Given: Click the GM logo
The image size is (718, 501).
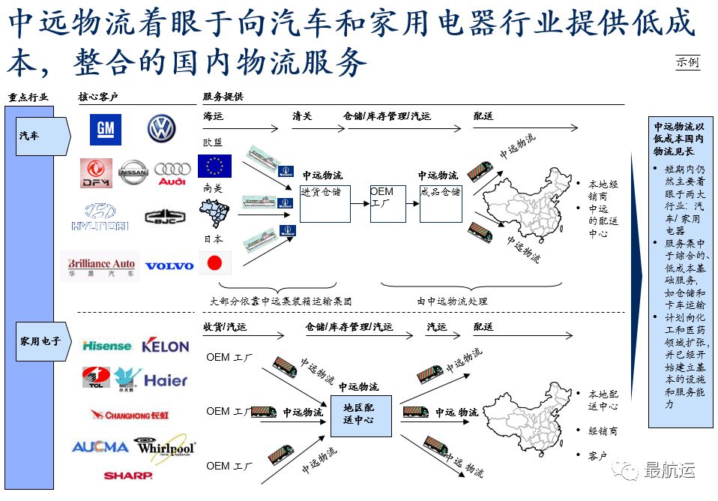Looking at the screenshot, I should pos(106,129).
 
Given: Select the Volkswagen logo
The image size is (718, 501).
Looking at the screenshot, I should pos(161,129).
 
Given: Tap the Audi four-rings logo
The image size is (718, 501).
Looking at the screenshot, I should pos(172,173).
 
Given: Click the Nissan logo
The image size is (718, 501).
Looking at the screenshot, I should pos(133,172).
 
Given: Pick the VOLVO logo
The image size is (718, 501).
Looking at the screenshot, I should pos(169,265).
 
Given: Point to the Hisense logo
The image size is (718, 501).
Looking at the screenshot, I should pos(107,346).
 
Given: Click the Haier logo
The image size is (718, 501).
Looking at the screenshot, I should pos(166,380).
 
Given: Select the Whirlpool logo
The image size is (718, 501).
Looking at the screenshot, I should pos(165,447).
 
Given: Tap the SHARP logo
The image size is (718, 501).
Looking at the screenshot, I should pos(128,475).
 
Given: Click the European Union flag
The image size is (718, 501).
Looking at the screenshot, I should pos(215,166).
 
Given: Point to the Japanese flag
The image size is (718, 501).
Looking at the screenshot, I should pos(215,262).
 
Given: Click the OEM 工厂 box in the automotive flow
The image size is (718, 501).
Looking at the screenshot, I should pos(387,203).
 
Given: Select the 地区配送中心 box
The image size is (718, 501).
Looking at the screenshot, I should pos(361,415).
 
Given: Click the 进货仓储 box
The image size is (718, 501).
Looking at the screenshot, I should pos(325,202).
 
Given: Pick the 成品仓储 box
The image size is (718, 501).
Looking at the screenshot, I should pos(441,202).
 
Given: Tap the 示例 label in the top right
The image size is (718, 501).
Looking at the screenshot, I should pos(687,62).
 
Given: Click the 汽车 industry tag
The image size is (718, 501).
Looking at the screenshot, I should pos(41,136).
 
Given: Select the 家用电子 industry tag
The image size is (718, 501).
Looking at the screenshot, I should pos(42,341).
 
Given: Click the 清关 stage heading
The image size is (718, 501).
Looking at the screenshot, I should pos(302,116).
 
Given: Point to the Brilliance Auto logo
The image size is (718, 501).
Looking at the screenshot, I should pos(101,268).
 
